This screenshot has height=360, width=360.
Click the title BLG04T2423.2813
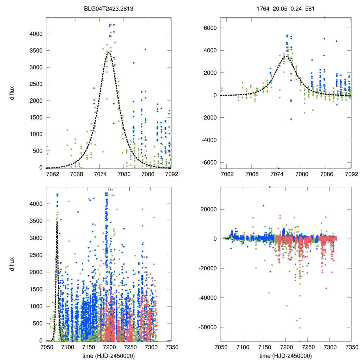point(108,11)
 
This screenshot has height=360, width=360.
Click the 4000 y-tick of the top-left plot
point(36,34)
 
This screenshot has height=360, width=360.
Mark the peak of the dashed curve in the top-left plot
point(109,53)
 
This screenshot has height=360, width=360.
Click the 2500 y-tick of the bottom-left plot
point(36,255)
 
